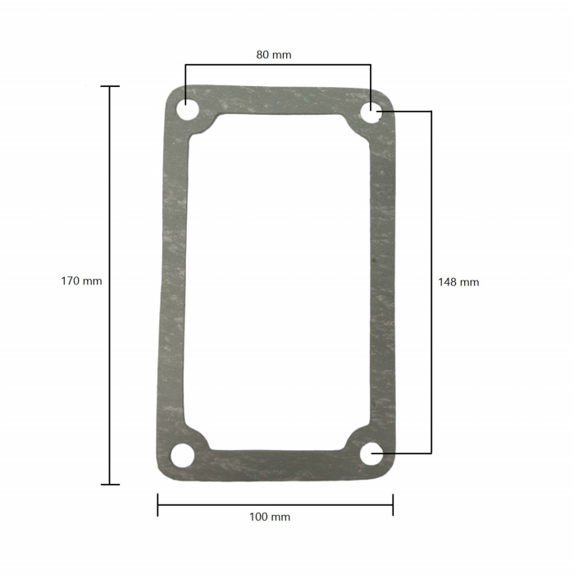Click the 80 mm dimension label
pos(274,55)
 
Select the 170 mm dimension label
pos(81,280)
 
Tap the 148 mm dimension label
pos(458,282)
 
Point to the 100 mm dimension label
pos(270,517)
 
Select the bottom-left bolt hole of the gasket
pos(182,455)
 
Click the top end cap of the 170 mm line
pos(110,86)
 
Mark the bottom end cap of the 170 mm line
pos(110,484)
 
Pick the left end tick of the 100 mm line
pos(157,504)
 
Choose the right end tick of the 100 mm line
pos(393,504)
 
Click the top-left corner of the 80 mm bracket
pos(186,64)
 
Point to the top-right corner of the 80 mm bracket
pos(371,64)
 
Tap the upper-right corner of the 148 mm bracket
pos(431,112)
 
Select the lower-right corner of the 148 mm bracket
pos(431,453)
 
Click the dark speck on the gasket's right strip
pos(373,263)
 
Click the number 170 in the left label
pos(71,280)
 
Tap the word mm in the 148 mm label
pos(469,282)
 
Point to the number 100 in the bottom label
pos(259,517)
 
